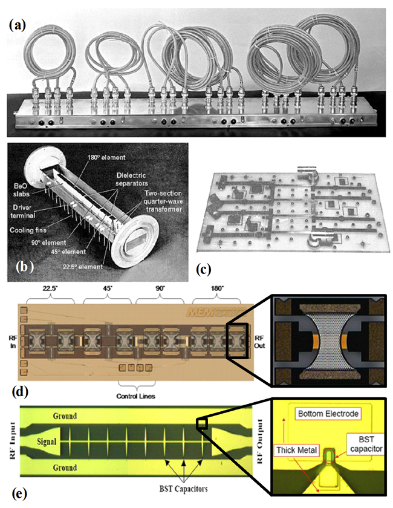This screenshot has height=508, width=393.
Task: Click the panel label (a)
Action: pyautogui.click(x=16, y=25)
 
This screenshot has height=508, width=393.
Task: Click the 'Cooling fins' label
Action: pyautogui.click(x=28, y=214)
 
